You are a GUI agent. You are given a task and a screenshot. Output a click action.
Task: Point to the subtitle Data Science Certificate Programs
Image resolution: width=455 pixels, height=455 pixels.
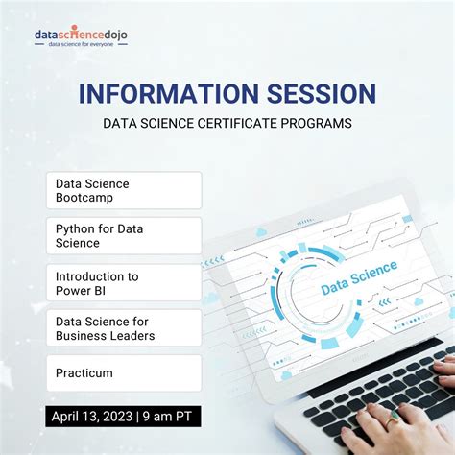click(227, 123)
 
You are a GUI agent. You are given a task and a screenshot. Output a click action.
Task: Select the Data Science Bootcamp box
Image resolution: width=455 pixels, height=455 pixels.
click(124, 190)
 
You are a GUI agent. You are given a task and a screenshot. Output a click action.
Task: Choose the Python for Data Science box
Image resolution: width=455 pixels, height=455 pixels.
click(124, 236)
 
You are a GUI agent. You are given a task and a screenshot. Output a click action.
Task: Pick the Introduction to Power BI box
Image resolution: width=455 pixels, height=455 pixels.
click(124, 282)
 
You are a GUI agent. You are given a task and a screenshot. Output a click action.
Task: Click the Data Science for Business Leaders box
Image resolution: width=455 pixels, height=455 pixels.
click(124, 328)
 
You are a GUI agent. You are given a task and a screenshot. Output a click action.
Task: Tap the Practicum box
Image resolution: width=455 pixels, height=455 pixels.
click(124, 372)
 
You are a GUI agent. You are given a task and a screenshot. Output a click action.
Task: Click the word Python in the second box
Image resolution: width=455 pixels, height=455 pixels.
click(75, 229)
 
